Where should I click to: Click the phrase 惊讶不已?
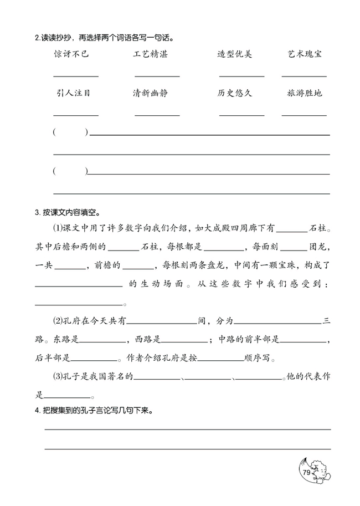coord(72,54)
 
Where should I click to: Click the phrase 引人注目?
coord(74,93)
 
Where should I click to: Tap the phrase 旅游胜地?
coord(305,93)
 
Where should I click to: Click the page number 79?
coord(306,472)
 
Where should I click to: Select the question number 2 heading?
coord(37,38)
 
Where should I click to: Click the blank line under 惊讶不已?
coord(76,76)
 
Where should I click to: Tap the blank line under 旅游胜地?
coord(304,115)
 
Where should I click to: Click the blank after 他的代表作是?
coord(67,396)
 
